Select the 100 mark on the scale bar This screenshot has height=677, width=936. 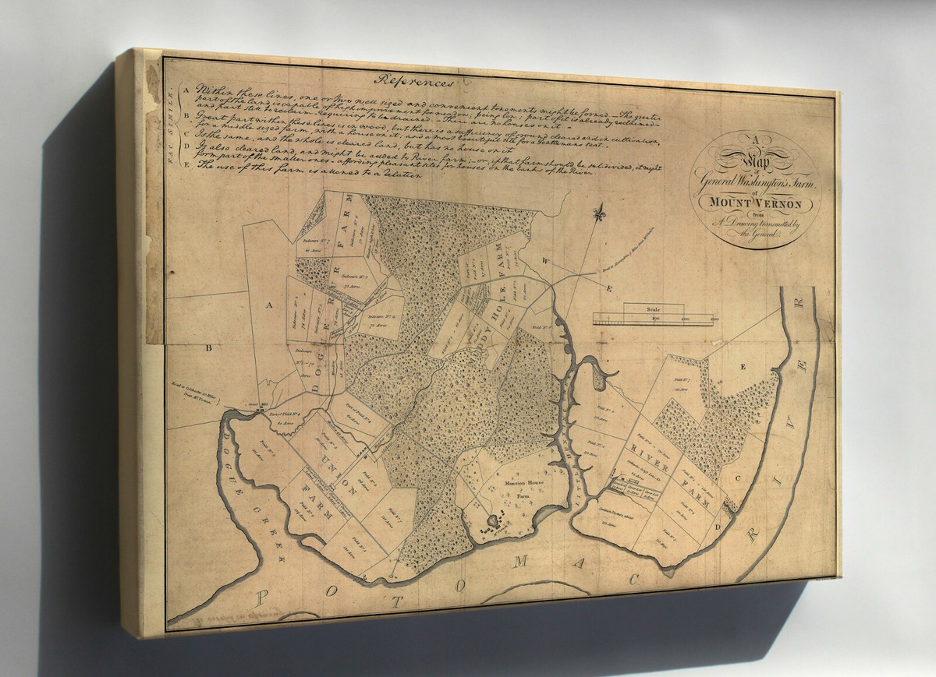coord(655,319)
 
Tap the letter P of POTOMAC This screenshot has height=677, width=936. coord(263,598)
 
